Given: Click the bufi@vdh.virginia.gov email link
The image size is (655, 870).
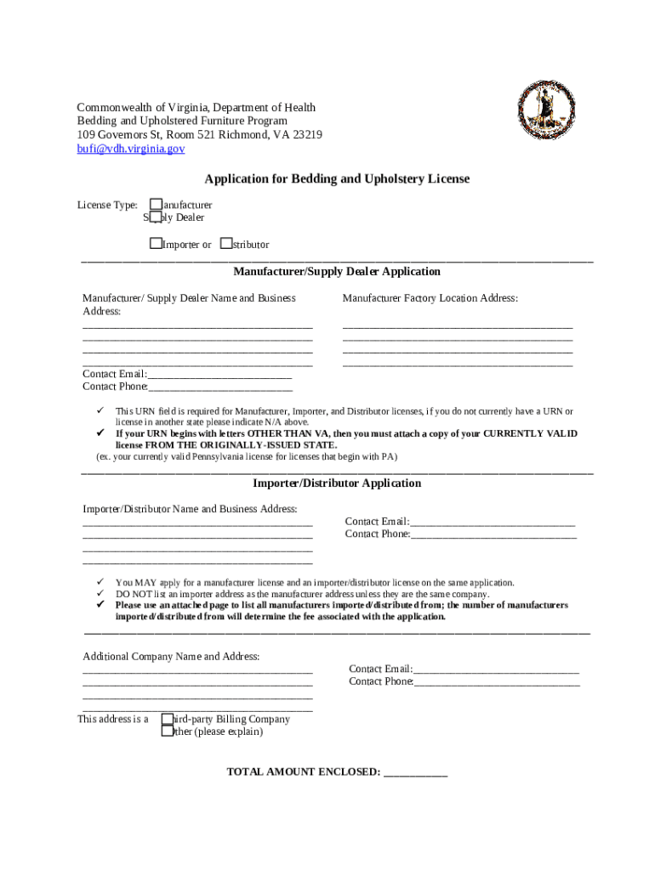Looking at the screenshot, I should tap(130, 149).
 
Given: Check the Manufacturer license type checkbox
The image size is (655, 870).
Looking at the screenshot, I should tap(156, 204).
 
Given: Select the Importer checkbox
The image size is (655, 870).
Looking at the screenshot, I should tap(156, 244).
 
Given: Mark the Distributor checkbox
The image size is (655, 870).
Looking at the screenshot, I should tap(225, 244).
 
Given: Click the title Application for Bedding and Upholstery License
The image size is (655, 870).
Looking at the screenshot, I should tap(337, 179).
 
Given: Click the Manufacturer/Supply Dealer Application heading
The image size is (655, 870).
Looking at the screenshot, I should tap(337, 272).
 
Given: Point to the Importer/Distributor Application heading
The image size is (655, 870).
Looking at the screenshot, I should tap(337, 483).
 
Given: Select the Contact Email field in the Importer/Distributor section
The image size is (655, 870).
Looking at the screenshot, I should tap(493, 522).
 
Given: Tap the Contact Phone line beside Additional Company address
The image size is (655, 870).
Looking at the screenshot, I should tap(497, 681).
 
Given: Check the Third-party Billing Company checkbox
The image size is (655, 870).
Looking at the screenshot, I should tap(168, 719).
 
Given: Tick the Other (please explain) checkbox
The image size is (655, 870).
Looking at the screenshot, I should tap(168, 732).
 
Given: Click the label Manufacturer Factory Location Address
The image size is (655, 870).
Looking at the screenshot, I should tap(430, 298).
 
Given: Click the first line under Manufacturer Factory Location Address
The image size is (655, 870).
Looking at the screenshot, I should tap(458, 325).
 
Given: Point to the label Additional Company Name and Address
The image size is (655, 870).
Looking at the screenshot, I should tap(171, 657).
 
